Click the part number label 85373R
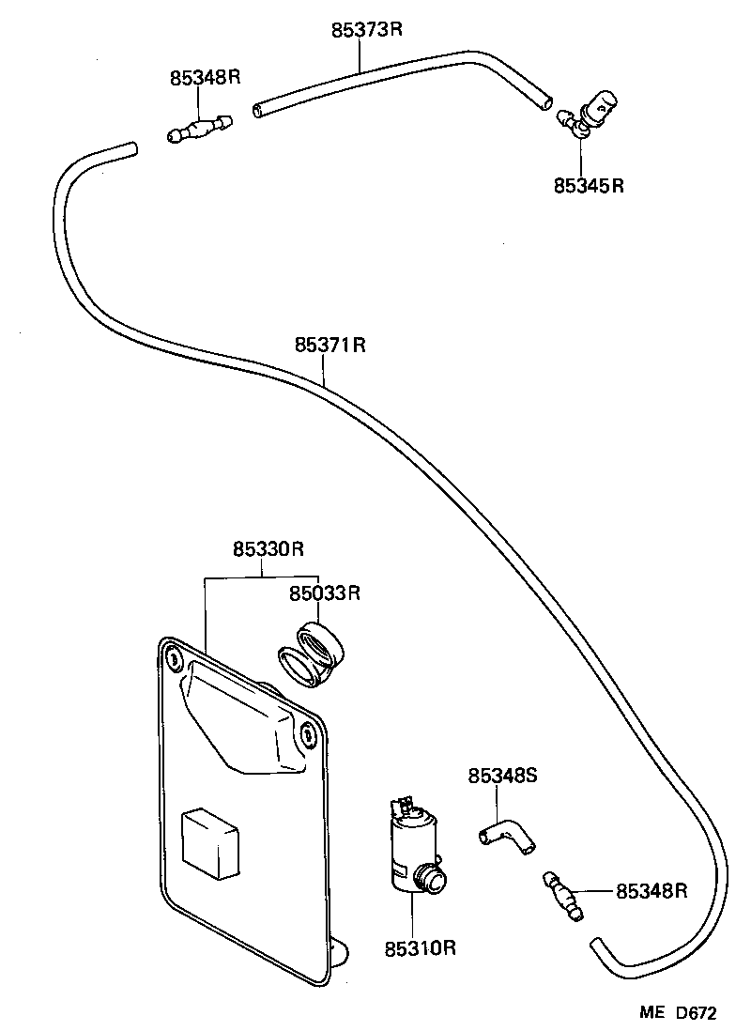click(366, 29)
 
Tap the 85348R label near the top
click(206, 78)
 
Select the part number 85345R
click(589, 186)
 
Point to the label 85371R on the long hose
click(330, 346)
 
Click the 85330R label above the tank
click(268, 549)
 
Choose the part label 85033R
click(325, 592)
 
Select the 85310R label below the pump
click(419, 948)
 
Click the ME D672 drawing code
click(679, 1013)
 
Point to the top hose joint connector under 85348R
click(200, 130)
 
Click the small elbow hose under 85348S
click(506, 836)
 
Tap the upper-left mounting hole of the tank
click(174, 660)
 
